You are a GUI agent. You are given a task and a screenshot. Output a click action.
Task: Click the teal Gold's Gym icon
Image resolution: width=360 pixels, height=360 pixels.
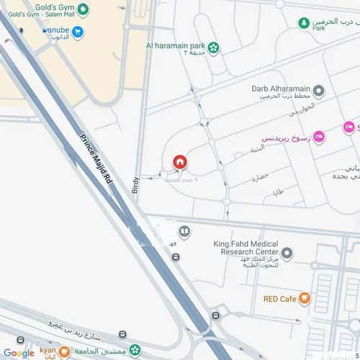tap(84, 9)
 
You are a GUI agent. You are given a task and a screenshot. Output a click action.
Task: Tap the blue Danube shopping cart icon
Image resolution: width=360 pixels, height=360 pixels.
tap(78, 32)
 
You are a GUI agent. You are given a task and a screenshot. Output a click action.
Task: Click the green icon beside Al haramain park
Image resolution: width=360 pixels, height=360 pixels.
tap(214, 48)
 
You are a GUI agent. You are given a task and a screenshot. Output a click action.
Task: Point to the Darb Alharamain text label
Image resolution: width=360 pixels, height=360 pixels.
tap(279, 90)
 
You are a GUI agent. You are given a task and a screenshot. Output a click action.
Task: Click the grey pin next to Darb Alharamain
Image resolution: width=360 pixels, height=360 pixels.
tap(319, 91)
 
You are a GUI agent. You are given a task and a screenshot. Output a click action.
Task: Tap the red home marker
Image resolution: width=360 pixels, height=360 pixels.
tap(179, 162)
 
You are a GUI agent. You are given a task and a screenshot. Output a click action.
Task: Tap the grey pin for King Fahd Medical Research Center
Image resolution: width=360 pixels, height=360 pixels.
tap(287, 253)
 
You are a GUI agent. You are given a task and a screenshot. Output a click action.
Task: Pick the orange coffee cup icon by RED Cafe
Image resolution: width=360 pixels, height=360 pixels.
tap(305, 298)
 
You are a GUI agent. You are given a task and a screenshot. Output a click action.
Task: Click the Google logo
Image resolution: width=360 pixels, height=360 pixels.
tap(18, 353)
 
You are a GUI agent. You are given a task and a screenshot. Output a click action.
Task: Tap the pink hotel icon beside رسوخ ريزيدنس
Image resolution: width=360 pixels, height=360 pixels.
tap(318, 137)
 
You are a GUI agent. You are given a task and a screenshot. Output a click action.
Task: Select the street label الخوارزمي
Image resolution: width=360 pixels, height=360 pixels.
tap(284, 112)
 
